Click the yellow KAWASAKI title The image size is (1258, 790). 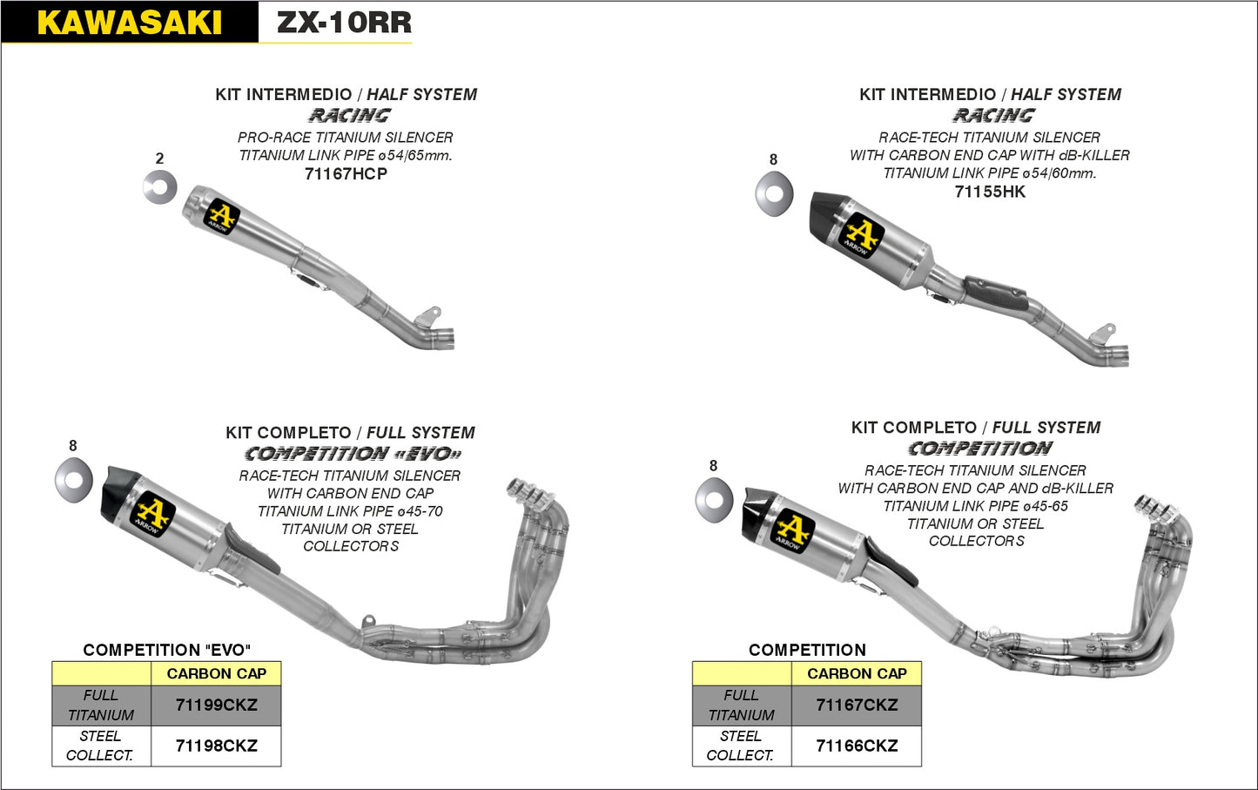tap(129, 23)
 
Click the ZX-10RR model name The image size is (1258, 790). tap(344, 23)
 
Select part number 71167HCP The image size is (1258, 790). tap(346, 174)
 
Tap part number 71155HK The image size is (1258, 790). tap(990, 192)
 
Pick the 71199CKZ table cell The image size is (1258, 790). tap(216, 705)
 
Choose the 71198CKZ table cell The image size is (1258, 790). tap(216, 746)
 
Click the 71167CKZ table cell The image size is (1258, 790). tap(857, 705)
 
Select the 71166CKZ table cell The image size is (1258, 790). tap(857, 746)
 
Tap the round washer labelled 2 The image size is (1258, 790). tap(160, 188)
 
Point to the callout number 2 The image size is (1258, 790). tap(159, 159)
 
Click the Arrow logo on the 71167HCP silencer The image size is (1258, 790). tap(221, 216)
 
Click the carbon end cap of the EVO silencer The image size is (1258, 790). tap(117, 494)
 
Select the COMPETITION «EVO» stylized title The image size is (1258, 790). tap(352, 454)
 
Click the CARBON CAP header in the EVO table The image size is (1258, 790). tap(216, 673)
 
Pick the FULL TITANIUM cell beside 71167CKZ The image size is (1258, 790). tap(741, 705)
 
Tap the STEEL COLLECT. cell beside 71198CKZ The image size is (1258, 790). tap(101, 746)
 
